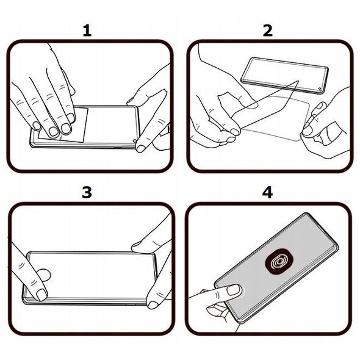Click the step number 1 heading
[87, 31]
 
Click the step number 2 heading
[268, 31]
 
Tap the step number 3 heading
[87, 192]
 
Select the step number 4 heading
[267, 192]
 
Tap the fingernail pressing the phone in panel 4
[234, 290]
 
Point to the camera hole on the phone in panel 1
[134, 141]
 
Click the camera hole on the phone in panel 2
[320, 88]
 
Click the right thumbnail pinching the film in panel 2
[308, 130]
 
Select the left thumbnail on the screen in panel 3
[41, 295]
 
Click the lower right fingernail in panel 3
[153, 304]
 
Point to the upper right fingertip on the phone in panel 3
[137, 247]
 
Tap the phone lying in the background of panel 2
[285, 75]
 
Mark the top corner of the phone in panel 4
[306, 214]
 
